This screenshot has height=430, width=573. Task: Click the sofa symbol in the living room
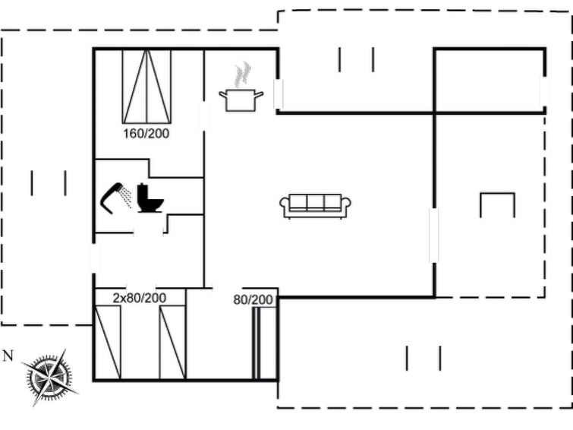point(315,206)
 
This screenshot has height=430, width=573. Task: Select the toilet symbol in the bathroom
point(150,198)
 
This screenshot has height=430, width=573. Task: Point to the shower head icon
point(112,198)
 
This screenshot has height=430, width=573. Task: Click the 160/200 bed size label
point(146,134)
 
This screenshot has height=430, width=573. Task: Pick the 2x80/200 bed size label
point(139,298)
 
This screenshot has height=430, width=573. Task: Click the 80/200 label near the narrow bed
point(253,300)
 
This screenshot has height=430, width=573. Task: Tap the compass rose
point(49,378)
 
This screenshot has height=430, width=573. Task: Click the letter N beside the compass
point(8,356)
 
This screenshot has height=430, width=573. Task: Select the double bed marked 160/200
point(146,87)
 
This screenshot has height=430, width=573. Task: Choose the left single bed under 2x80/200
point(108,343)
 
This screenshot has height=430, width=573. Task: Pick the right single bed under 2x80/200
point(172,343)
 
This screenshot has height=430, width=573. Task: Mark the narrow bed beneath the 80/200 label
point(266,343)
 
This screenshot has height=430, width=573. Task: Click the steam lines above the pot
point(242,74)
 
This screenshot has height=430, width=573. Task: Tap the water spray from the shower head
point(127,197)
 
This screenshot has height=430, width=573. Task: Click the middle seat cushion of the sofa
point(316,202)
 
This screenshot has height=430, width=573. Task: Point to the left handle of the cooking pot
point(222,95)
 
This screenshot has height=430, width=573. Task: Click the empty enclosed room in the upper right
point(490,81)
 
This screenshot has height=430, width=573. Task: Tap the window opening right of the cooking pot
point(279,93)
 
